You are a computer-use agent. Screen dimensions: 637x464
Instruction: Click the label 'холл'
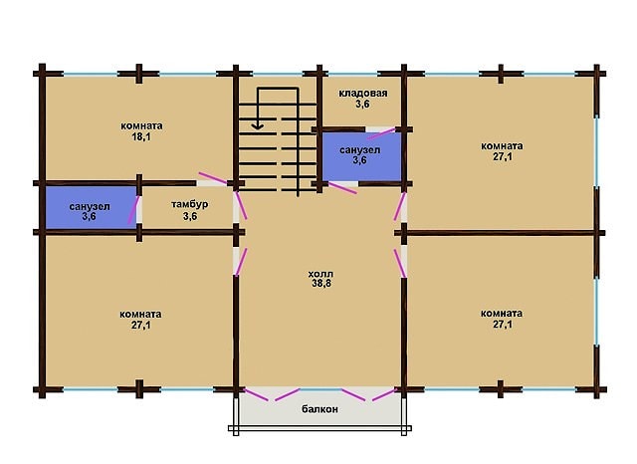(320, 274)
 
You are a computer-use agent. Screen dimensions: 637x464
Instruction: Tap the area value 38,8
(321, 283)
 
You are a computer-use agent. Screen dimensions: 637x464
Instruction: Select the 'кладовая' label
(363, 93)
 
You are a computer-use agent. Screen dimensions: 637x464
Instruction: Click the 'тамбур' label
(190, 204)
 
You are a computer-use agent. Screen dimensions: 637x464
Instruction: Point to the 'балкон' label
(319, 409)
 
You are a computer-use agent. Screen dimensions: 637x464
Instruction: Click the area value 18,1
(141, 137)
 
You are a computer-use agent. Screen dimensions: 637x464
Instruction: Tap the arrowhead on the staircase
(257, 126)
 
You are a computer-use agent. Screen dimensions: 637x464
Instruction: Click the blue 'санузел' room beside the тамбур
(91, 207)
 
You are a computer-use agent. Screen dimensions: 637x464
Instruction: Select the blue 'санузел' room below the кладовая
(361, 157)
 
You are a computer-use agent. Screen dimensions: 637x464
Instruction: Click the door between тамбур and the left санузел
(133, 210)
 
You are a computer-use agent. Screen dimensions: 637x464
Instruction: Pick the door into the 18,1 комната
(212, 178)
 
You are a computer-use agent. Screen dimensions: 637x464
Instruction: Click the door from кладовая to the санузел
(380, 133)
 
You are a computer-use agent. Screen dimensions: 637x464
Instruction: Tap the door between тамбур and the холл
(241, 205)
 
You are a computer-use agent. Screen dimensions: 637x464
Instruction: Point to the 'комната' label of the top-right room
(502, 145)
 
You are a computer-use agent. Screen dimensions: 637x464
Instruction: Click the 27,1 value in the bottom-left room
(141, 325)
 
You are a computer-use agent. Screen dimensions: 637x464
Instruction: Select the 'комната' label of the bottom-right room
(502, 314)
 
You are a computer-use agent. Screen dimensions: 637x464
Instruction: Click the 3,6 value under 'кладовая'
(362, 104)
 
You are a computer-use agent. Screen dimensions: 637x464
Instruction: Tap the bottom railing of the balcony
(319, 428)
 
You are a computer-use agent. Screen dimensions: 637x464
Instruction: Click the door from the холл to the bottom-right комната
(400, 263)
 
